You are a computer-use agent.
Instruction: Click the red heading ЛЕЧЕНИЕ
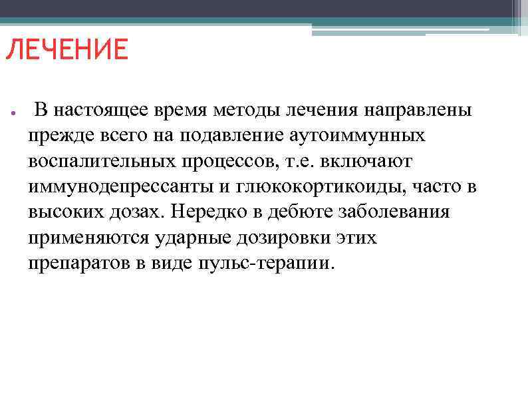click(66, 50)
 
